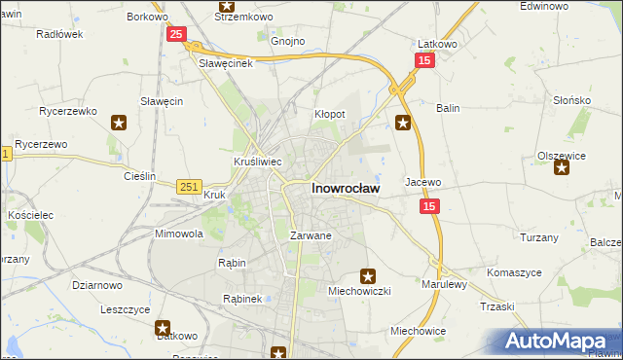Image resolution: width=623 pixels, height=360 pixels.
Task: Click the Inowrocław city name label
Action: [345, 188]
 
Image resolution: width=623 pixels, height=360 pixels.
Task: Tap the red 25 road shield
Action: [175, 35]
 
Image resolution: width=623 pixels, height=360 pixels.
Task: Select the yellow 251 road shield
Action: [190, 186]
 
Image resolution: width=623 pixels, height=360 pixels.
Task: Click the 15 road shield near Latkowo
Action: [423, 60]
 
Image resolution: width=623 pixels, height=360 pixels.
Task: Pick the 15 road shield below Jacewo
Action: [429, 206]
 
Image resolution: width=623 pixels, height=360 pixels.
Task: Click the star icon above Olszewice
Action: [562, 168]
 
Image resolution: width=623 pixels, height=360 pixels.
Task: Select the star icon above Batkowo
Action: [164, 329]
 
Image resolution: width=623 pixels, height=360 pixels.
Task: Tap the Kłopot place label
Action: [330, 114]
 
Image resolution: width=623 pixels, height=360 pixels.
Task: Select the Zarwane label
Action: [311, 235]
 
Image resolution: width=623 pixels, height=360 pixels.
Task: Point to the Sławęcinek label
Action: [226, 63]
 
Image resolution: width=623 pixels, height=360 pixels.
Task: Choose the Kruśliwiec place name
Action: [258, 162]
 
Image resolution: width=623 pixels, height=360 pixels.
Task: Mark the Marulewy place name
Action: [445, 284]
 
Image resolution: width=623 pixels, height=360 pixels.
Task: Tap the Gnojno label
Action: [288, 42]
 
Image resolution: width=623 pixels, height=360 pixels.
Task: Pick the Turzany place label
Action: [538, 237]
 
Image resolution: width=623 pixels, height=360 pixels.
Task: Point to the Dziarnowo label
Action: [97, 285]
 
